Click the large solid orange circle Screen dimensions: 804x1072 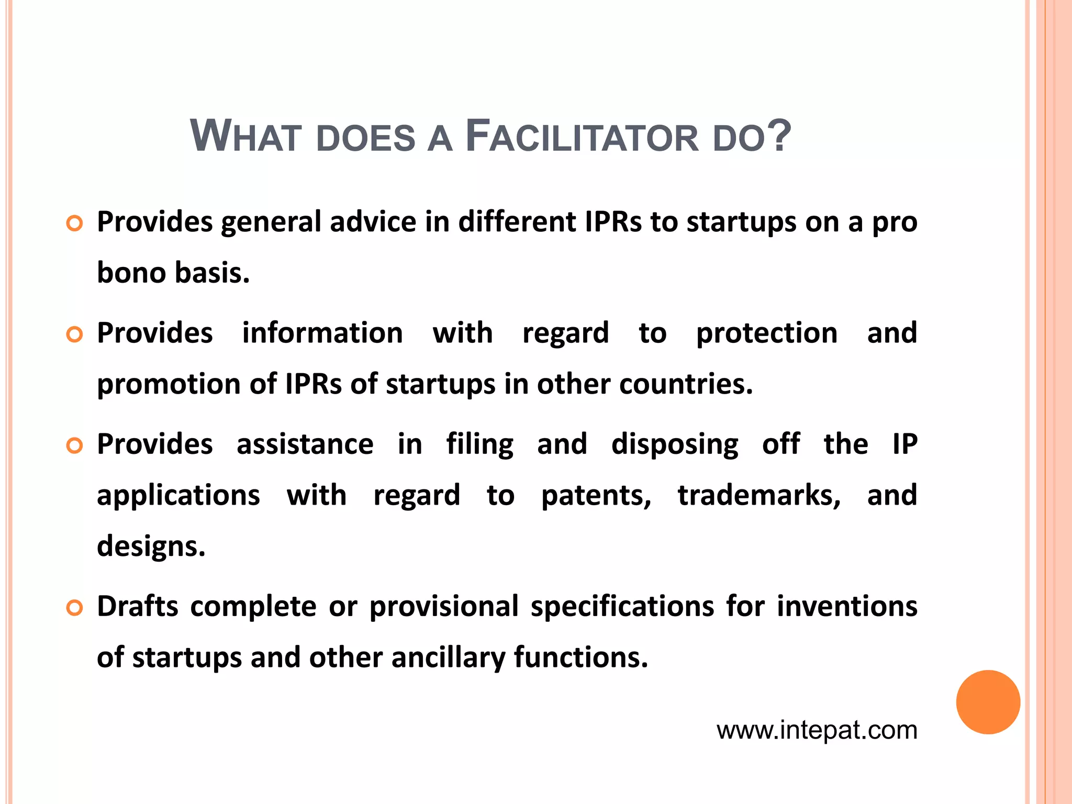(x=988, y=702)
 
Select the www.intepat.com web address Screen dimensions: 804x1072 (x=817, y=730)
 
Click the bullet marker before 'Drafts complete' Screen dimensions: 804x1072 (x=75, y=608)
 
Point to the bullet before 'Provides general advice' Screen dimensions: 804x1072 (x=75, y=224)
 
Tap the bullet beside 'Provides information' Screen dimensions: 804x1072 (x=75, y=335)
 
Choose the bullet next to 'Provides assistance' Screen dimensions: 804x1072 (x=75, y=446)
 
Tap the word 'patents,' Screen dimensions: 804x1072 (x=596, y=495)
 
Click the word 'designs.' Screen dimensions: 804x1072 (x=151, y=546)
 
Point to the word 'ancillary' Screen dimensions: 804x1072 (x=448, y=657)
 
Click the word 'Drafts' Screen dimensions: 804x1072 (x=138, y=606)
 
